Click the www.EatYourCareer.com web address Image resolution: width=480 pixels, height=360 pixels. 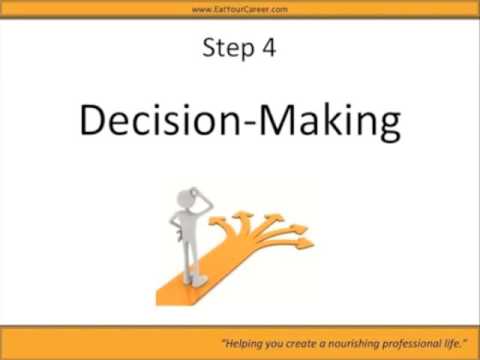[x=239, y=9]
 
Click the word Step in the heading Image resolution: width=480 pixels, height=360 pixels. [x=224, y=47]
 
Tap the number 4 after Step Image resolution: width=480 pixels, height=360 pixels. [x=270, y=47]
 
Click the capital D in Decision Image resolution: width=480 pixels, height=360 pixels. [x=91, y=121]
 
